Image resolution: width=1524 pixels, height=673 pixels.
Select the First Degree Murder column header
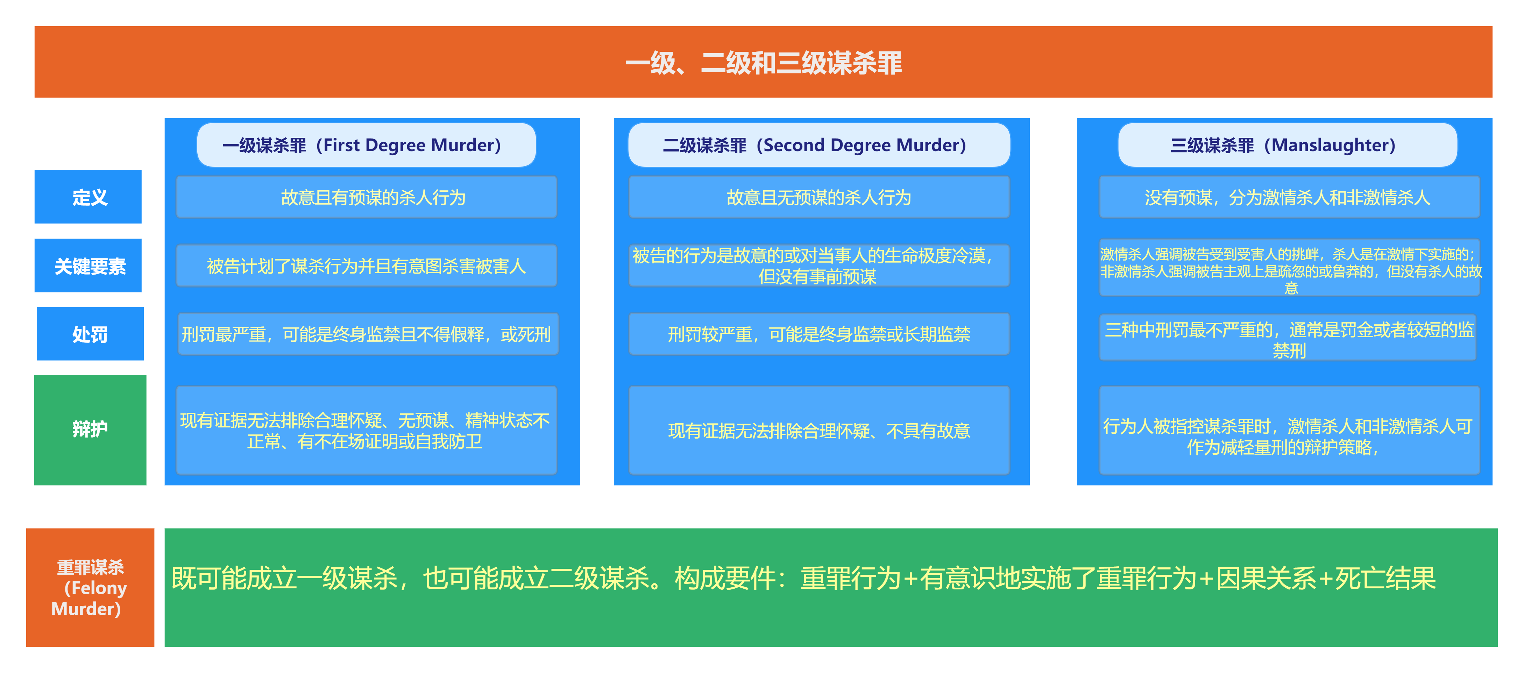[x=366, y=145]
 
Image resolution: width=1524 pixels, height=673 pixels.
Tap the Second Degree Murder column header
[x=819, y=145]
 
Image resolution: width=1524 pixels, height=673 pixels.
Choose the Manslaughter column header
[x=1287, y=145]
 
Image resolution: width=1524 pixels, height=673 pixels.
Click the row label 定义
[x=88, y=197]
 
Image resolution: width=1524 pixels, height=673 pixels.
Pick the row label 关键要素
[x=88, y=265]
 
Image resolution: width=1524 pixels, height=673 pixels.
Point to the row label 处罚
[x=90, y=334]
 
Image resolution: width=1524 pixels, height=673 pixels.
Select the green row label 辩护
[x=90, y=430]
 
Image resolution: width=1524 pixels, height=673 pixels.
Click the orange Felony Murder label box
[x=90, y=587]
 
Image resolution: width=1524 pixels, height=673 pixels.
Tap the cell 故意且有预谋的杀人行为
[x=366, y=197]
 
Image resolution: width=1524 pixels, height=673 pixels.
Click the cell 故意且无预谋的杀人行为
[x=819, y=197]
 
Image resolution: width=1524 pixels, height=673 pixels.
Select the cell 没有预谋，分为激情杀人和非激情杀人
[x=1289, y=197]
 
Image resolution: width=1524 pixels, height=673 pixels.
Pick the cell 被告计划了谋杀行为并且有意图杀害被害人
[x=366, y=265]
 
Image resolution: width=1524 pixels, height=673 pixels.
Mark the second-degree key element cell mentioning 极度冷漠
[x=819, y=265]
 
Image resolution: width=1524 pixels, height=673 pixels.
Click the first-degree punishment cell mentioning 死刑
[x=368, y=334]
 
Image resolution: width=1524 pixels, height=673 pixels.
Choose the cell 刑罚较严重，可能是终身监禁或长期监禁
[x=819, y=334]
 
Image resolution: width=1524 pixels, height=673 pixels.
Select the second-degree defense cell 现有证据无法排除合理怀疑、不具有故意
[x=819, y=430]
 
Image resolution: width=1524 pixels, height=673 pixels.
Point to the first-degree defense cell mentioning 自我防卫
[x=366, y=430]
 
